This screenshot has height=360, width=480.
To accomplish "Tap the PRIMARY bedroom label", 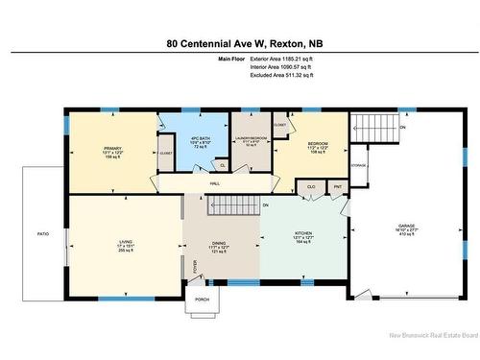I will pyautogui.click(x=114, y=149).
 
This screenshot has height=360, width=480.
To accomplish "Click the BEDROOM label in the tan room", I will pyautogui.click(x=318, y=145).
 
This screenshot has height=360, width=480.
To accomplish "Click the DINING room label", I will pyautogui.click(x=221, y=242).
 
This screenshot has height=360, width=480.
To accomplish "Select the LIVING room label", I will pyautogui.click(x=125, y=240).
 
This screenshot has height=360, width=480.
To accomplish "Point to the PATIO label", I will pyautogui.click(x=43, y=233).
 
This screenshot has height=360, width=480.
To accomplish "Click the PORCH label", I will pyautogui.click(x=202, y=300).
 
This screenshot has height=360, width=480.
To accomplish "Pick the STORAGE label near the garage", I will pyautogui.click(x=359, y=165).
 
